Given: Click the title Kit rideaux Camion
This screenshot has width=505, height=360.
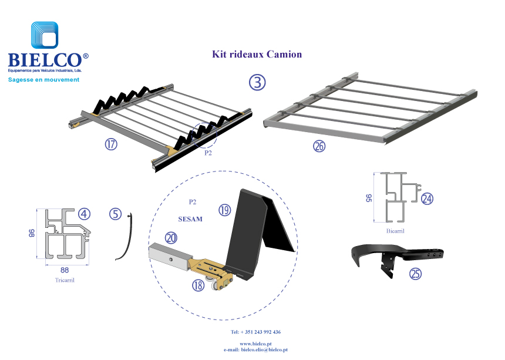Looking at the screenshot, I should [x=257, y=55].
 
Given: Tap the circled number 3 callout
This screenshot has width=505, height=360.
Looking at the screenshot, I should [x=257, y=82].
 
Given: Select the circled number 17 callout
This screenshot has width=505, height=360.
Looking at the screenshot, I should [x=111, y=144].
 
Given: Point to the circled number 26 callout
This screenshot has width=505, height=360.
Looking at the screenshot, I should [x=319, y=147].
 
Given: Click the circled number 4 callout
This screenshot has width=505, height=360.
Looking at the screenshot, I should [x=85, y=214].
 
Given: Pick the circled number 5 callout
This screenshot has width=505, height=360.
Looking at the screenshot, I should [x=116, y=214].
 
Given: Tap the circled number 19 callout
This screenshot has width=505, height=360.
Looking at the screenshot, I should [x=225, y=210].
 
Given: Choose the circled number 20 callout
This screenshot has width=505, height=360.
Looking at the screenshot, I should [x=171, y=237].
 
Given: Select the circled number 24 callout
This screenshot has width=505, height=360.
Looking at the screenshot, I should [x=427, y=198].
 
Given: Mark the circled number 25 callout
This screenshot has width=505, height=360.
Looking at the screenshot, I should [x=416, y=274].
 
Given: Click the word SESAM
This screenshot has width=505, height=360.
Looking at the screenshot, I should [x=190, y=219].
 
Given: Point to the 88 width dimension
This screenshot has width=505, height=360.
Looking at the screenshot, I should [x=65, y=271].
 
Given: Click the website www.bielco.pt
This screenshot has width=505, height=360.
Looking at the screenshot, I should [x=255, y=344].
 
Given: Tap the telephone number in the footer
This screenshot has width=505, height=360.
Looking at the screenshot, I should [x=255, y=332].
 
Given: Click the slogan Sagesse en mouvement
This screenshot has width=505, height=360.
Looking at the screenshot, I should [x=43, y=79].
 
